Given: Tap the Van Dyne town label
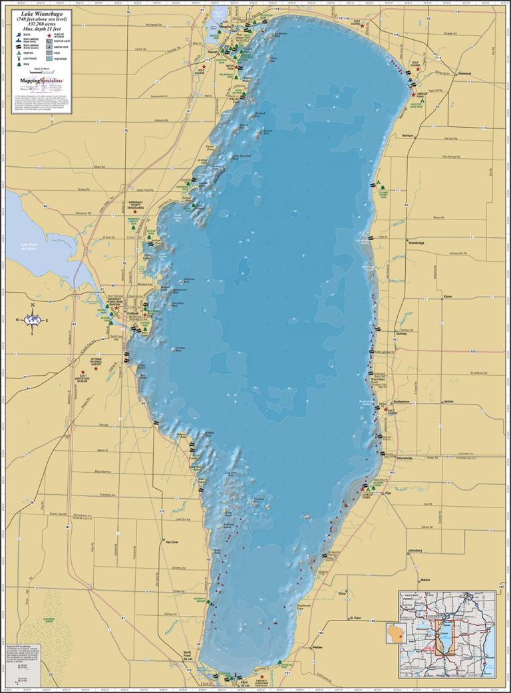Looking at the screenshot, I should coord(172,542).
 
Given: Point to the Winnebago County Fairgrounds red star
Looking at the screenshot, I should coord(135,212).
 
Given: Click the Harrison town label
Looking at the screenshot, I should coord(408,136).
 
